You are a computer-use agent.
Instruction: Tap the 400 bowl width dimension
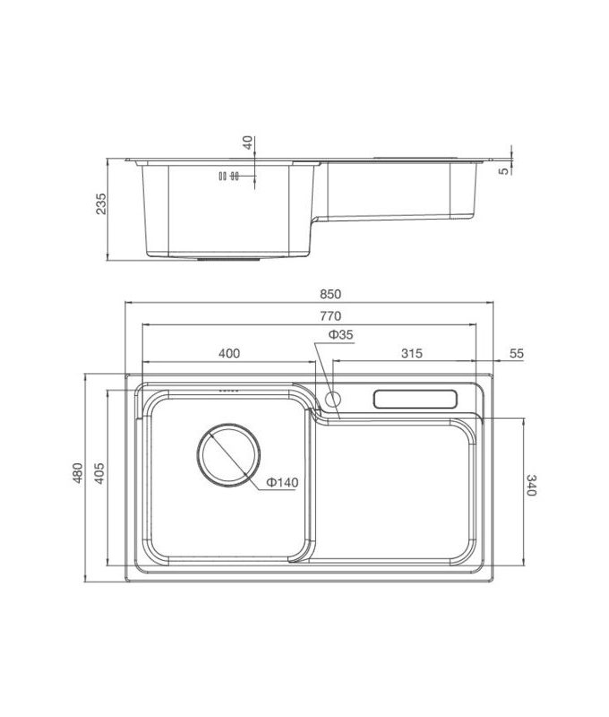pyautogui.click(x=228, y=353)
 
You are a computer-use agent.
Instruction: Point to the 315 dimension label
pyautogui.click(x=410, y=353)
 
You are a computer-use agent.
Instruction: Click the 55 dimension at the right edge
pyautogui.click(x=515, y=353)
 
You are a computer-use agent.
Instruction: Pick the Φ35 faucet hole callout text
pyautogui.click(x=340, y=334)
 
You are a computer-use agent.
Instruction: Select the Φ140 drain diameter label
pyautogui.click(x=281, y=482)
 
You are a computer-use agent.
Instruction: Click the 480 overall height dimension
pyautogui.click(x=78, y=472)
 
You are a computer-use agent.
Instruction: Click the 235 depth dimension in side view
pyautogui.click(x=101, y=204)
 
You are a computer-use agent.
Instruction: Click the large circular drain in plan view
pyautogui.click(x=228, y=454)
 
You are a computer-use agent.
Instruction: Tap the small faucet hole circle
pyautogui.click(x=334, y=398)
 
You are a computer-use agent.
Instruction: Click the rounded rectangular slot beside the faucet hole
pyautogui.click(x=416, y=399)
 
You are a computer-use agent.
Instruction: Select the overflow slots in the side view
pyautogui.click(x=228, y=177)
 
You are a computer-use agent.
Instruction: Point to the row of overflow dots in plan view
pyautogui.click(x=229, y=393)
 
